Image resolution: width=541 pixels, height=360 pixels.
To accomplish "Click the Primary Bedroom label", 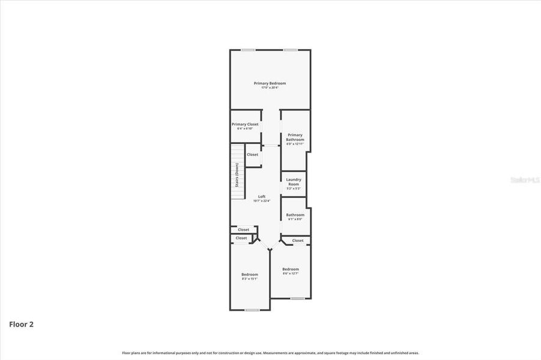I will [x=270, y=83].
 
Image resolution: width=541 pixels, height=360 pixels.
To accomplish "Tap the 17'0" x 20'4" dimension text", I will [x=270, y=88].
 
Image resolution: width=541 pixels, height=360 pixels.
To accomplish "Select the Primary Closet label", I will [x=245, y=124].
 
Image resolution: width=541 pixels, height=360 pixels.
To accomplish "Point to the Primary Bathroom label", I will [x=295, y=137].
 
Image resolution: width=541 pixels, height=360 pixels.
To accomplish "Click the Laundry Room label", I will [x=294, y=182].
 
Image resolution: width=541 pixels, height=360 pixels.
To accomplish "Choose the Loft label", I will [x=262, y=196].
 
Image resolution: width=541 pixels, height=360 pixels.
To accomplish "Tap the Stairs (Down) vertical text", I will [x=237, y=175].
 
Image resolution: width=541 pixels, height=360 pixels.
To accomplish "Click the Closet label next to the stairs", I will [x=253, y=155].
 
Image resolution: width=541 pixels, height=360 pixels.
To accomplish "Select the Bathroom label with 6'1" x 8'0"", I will [x=295, y=215].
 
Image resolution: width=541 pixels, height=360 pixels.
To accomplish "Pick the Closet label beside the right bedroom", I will [x=298, y=241].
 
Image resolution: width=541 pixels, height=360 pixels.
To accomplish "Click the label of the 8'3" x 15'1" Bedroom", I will [x=250, y=274].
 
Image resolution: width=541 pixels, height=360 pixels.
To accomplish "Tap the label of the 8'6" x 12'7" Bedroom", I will [x=291, y=269].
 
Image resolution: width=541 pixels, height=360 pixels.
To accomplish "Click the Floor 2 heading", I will [x=21, y=325].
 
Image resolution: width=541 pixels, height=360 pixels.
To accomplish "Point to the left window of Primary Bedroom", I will [x=248, y=50].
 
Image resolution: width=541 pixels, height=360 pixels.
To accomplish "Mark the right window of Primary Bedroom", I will [x=291, y=50].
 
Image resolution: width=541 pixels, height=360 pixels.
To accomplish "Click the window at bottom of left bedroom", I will [x=252, y=310].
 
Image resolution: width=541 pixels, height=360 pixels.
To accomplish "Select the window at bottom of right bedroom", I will [x=297, y=298].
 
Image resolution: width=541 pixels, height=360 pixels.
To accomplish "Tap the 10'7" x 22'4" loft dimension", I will [x=262, y=201].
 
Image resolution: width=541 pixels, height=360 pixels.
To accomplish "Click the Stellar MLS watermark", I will [x=524, y=179].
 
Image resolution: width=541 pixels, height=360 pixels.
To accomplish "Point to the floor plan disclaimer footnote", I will [x=270, y=353].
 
